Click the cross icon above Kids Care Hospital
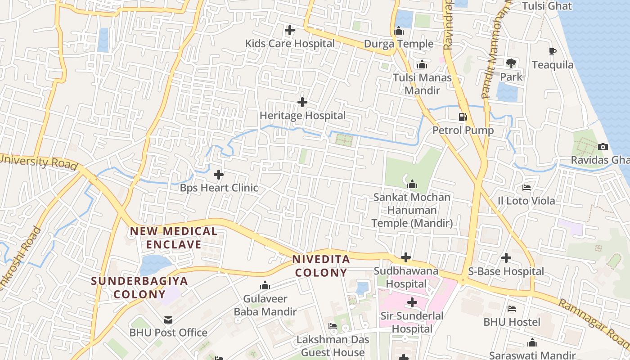(290, 31)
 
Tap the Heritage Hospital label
(302, 116)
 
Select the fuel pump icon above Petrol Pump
(463, 117)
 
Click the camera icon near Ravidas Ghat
(603, 147)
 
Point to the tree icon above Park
(511, 63)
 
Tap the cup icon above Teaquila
(553, 52)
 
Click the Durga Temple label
(398, 44)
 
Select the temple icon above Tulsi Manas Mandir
(422, 65)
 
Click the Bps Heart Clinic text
(219, 188)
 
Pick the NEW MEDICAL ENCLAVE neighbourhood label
(174, 238)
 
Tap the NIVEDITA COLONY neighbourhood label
(321, 266)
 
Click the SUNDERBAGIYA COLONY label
(139, 288)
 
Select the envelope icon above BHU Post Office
(168, 320)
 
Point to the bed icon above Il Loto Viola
(526, 188)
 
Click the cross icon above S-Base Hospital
(506, 258)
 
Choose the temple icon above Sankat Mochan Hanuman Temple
(412, 184)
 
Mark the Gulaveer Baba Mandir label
(265, 305)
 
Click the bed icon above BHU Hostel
(512, 309)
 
